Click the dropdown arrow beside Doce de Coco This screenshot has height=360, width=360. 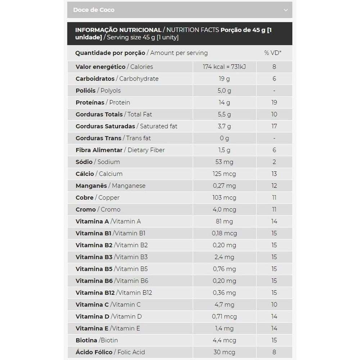coord(285,10)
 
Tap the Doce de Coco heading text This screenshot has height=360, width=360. coord(94,10)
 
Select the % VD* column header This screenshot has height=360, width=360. coord(273,53)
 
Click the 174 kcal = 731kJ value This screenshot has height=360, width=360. coord(224,67)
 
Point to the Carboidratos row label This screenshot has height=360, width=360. coord(95,78)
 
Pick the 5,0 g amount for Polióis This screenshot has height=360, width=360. coord(224,90)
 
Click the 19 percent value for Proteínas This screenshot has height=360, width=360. coord(274,102)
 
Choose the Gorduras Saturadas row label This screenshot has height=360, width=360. coord(105,126)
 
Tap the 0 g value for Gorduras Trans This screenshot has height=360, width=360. coord(224,138)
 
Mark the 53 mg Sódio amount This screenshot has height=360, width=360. coord(224,162)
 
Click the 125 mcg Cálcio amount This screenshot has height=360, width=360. coord(224,174)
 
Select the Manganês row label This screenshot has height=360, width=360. coord(91,185)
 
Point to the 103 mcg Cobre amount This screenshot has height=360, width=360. coord(224,197)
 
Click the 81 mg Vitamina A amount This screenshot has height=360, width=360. coord(224,221)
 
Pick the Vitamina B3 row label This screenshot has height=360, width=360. coord(94,257)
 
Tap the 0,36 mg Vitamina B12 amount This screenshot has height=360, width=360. coord(224,292)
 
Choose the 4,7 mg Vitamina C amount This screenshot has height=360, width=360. coord(224,304)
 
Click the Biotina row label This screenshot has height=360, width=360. coord(86,340)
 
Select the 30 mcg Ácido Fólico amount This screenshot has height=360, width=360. coord(224,352)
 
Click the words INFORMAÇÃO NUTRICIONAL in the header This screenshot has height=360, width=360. coord(118,30)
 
